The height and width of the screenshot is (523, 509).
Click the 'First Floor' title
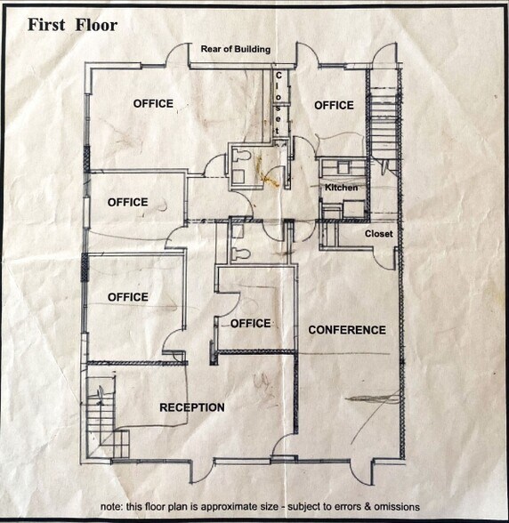click(72, 25)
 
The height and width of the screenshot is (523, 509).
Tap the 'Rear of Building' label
click(236, 49)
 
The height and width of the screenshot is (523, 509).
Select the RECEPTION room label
click(192, 407)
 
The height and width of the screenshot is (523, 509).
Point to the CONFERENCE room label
click(347, 330)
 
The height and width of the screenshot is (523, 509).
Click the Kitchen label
click(342, 188)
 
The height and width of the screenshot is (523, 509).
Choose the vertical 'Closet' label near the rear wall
click(278, 103)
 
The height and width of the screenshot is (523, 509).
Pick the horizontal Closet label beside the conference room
click(379, 234)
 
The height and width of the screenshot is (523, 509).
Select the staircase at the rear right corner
click(384, 120)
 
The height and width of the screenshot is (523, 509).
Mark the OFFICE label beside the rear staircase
click(334, 105)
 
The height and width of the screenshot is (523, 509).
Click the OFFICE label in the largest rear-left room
click(153, 104)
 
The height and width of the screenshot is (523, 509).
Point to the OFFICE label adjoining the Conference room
click(251, 323)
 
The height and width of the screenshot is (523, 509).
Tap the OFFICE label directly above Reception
click(128, 297)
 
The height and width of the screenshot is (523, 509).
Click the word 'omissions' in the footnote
click(397, 507)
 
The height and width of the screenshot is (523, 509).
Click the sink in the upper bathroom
click(238, 176)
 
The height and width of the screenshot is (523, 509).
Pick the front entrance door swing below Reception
click(203, 471)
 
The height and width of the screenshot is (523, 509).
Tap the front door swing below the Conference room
click(362, 471)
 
